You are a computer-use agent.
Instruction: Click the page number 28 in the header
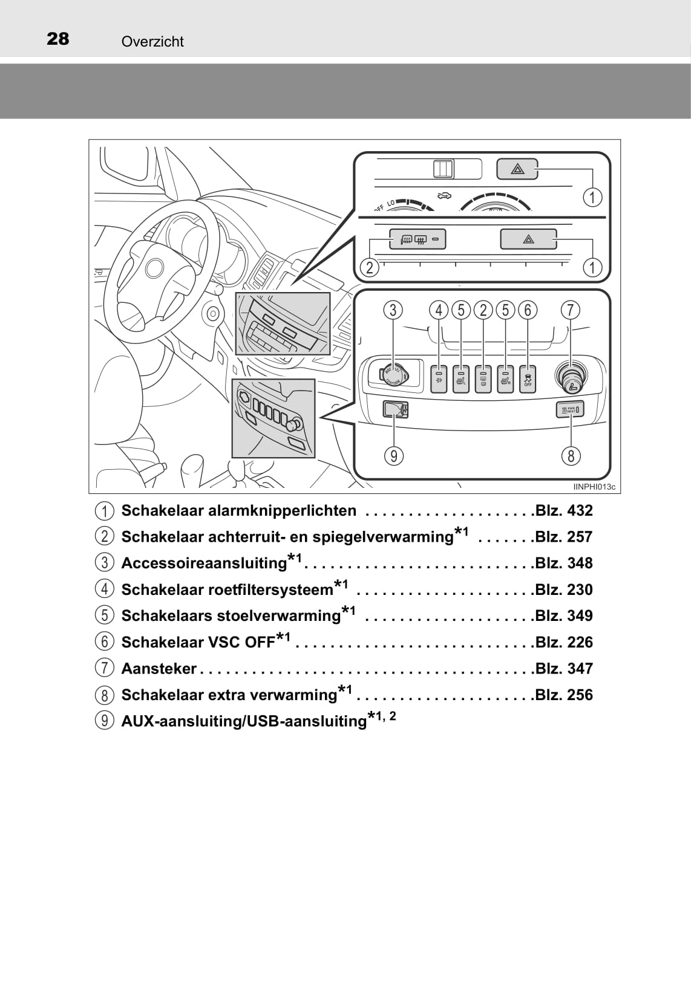58,39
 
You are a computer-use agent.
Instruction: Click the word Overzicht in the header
152,42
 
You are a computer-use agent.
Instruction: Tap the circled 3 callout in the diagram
393,310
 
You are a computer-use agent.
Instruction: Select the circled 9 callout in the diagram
394,455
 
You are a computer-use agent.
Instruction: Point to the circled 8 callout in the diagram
571,455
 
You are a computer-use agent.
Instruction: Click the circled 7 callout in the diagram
570,310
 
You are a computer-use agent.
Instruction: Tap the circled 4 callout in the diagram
439,310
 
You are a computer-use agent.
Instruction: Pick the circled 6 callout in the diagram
528,310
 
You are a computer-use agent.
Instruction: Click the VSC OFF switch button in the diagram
528,379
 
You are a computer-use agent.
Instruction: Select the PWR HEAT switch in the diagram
570,411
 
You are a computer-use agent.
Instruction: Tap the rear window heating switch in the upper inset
417,239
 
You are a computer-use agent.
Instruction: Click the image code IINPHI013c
594,487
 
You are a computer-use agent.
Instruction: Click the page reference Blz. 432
564,510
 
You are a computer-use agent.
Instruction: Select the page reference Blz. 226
564,642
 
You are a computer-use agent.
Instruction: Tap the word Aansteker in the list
159,669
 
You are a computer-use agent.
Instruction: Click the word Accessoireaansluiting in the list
204,563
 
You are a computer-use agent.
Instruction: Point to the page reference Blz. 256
564,695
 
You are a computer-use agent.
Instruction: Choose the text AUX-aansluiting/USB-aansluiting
244,721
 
